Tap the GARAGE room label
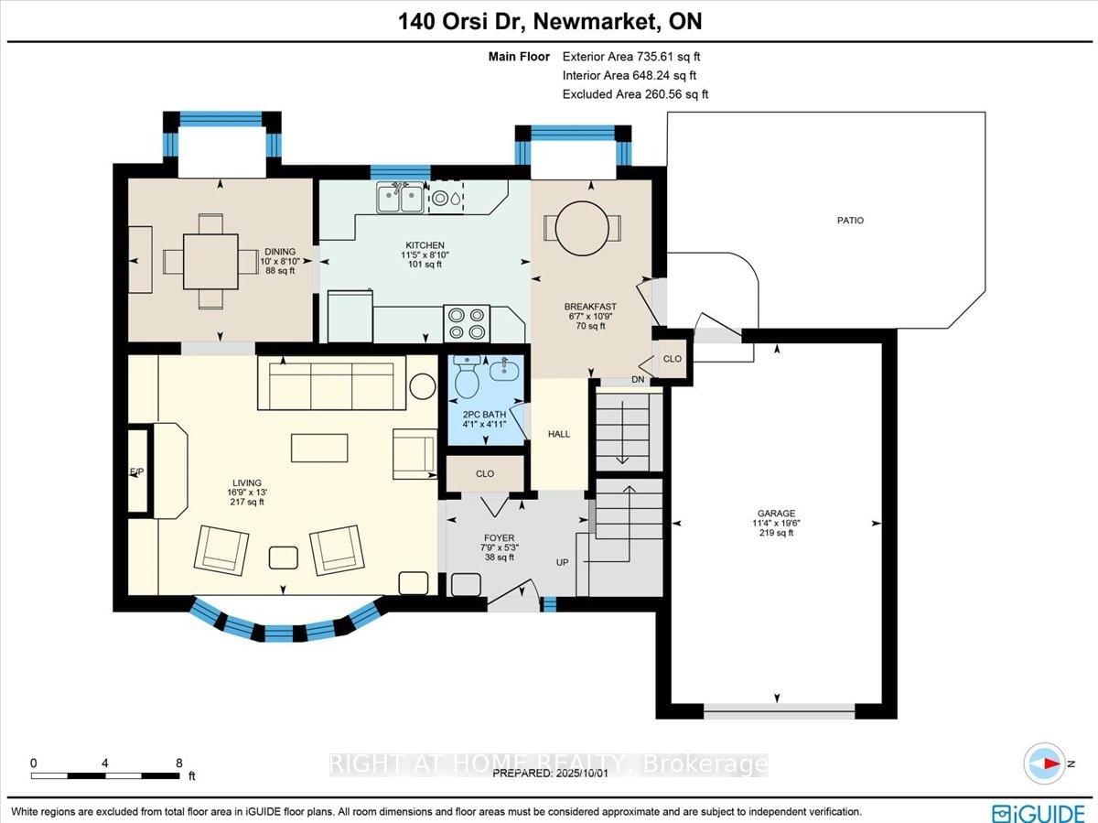click(x=775, y=514)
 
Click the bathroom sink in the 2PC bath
click(x=502, y=370)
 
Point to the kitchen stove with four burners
click(x=467, y=323)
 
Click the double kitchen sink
click(x=400, y=198)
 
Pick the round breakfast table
click(x=582, y=227)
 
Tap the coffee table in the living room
click(x=319, y=448)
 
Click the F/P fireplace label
click(x=136, y=471)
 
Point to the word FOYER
click(x=500, y=538)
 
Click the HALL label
click(x=558, y=434)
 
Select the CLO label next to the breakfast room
click(x=672, y=359)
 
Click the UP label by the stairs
click(x=562, y=562)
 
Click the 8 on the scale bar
click(x=178, y=763)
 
